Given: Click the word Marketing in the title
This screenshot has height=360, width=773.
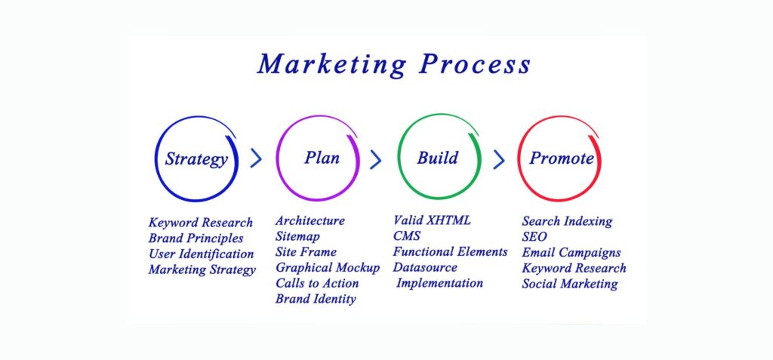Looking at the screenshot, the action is tap(332, 65).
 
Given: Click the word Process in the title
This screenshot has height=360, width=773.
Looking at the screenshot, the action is tap(475, 64).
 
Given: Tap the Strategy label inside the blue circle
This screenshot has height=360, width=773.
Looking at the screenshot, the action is tap(196, 159).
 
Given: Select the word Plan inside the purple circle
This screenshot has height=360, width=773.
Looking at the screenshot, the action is tap(322, 157).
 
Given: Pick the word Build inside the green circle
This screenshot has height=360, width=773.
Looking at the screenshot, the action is tap(438, 158).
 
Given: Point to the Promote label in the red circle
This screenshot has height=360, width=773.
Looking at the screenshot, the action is tap(562, 158).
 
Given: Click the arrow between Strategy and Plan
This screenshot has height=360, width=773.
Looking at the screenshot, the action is tap(256, 158).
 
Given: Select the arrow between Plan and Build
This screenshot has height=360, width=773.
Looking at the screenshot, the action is tap(376, 159).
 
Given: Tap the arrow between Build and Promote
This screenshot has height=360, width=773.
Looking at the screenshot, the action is tap(499, 159).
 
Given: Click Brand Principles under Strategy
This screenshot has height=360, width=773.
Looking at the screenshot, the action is tap(196, 238).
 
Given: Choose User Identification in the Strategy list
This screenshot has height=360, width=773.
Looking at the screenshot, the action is tap(201, 254).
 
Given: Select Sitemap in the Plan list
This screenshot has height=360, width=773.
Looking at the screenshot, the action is tap(297, 237).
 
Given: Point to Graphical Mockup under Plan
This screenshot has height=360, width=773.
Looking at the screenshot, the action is tap(328, 268).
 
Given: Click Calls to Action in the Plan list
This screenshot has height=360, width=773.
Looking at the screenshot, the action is tap(317, 283).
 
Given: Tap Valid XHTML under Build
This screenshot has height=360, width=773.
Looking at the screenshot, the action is tap(432, 220).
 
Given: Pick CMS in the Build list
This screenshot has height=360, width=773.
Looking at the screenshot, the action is tap(407, 235).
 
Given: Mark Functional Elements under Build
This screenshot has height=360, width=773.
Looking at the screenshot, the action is tap(450, 251).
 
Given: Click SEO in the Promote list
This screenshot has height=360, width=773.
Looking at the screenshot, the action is tap(534, 237).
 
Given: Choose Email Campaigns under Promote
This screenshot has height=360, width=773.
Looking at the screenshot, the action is tap(571, 253).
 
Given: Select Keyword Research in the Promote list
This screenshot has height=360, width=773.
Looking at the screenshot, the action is tap(574, 268).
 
